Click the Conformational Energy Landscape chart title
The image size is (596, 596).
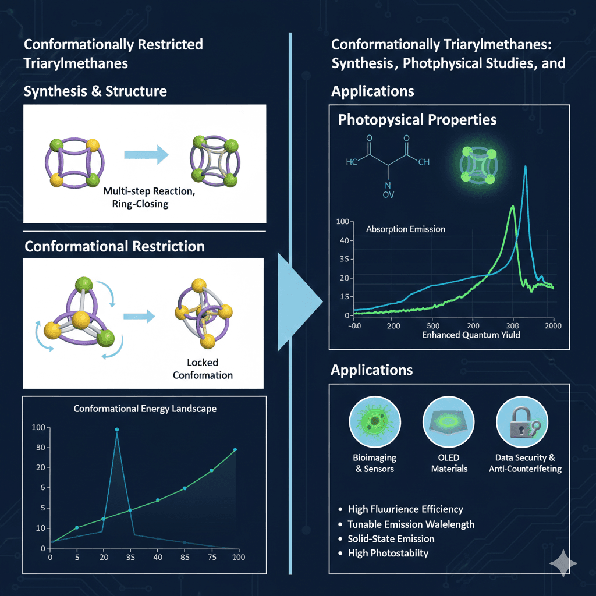coord(145,409)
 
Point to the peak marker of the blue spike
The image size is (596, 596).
coord(117,430)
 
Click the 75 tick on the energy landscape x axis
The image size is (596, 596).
coord(211,558)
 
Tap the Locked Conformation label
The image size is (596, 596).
coord(203,370)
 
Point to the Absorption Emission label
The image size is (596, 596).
coord(406,229)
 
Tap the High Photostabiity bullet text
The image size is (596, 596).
coord(388,552)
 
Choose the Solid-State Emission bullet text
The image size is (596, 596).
coord(391,538)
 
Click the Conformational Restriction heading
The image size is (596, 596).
coord(115,246)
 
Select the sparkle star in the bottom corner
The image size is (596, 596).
coord(563,563)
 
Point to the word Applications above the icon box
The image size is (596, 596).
coord(372,370)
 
